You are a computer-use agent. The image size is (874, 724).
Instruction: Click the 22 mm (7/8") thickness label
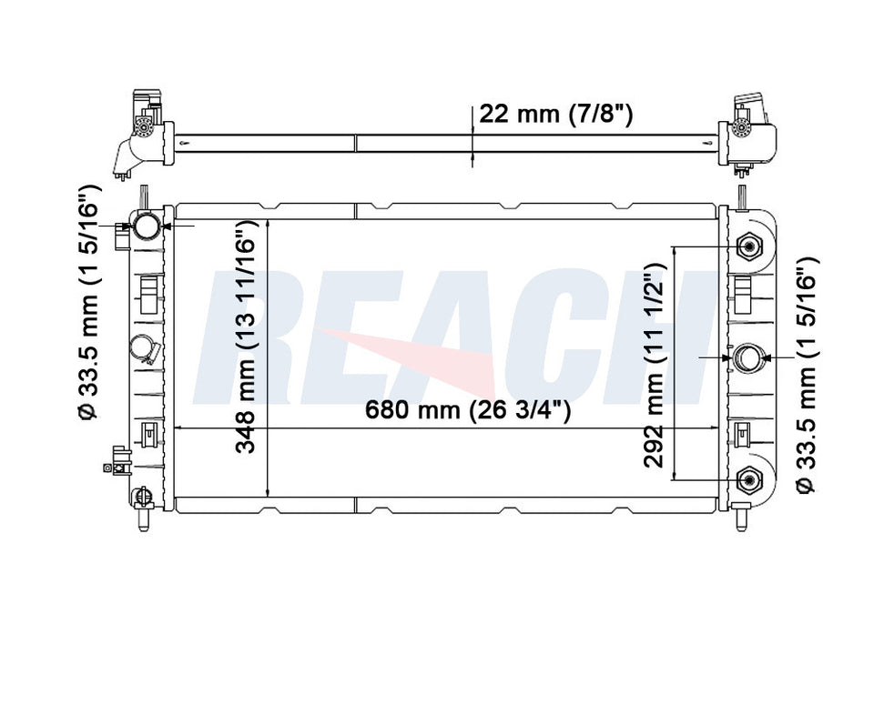click(555, 115)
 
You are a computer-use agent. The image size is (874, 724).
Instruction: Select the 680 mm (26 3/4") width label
click(467, 410)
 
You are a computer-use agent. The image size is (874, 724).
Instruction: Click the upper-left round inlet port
click(147, 226)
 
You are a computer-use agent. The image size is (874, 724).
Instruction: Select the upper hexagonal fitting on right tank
click(748, 246)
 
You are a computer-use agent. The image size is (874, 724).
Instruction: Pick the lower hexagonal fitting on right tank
click(748, 479)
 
